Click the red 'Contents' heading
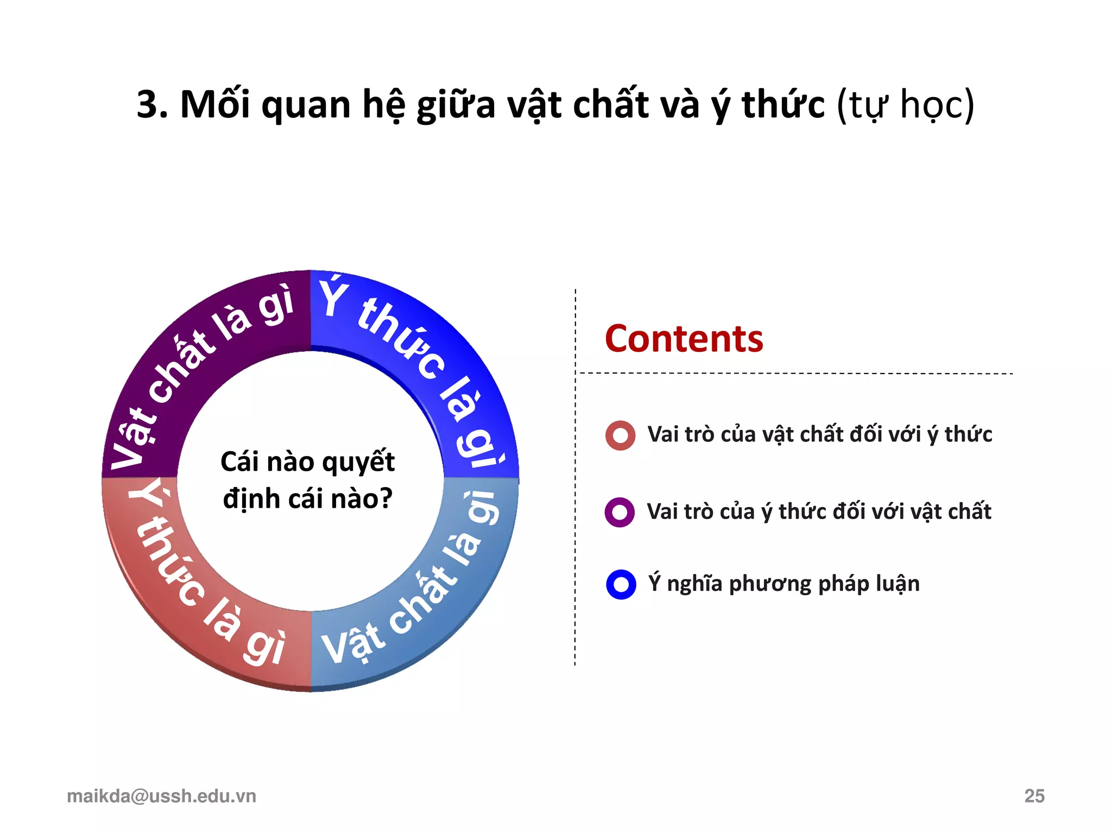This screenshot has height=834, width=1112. point(684,339)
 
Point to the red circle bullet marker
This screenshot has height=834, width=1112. point(620,435)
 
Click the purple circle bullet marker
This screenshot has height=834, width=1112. point(620,512)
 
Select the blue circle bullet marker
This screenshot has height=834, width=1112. point(621,584)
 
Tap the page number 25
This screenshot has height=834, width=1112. point(1034,796)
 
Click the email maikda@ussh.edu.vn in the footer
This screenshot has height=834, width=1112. point(161,796)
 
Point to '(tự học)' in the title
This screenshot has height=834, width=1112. point(905,104)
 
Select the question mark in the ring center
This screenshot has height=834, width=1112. point(386,498)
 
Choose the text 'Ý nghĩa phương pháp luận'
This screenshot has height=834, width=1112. point(784,584)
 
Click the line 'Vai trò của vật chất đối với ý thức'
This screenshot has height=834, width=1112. point(819,435)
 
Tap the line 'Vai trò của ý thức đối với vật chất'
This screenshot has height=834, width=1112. point(819,512)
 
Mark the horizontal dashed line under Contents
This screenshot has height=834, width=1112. point(795,374)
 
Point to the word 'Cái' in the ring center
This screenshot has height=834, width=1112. point(238,462)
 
